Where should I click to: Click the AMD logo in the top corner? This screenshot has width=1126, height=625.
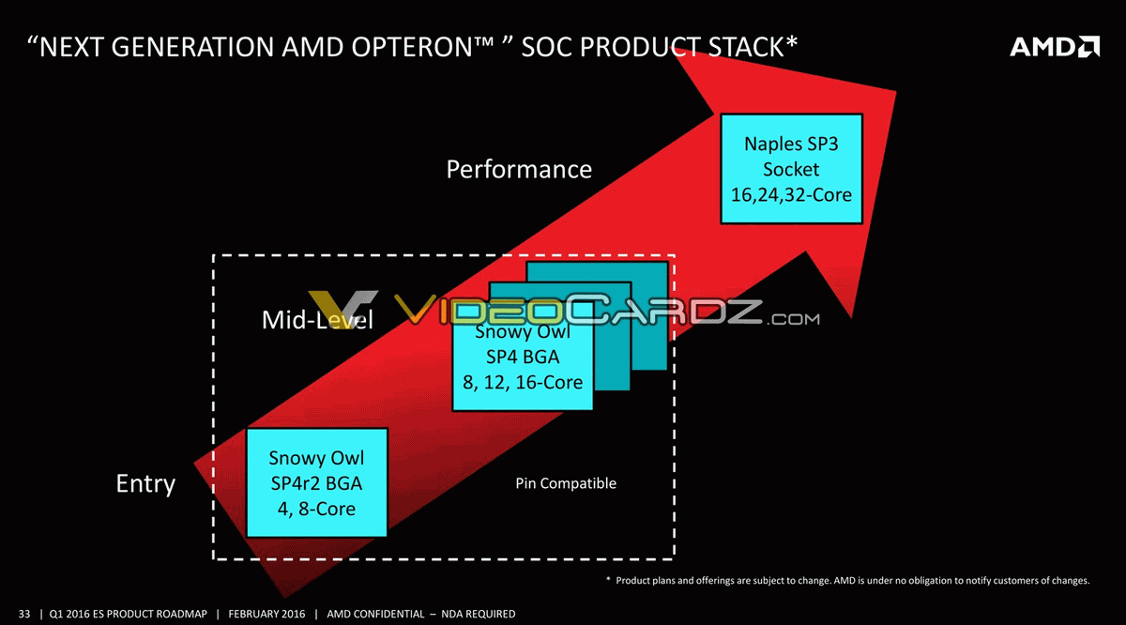click(1055, 47)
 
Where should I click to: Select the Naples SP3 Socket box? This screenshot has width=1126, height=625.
click(791, 169)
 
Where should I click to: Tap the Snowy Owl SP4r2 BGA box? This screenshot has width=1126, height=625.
click(317, 482)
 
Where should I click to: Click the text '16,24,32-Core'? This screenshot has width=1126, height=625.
click(791, 195)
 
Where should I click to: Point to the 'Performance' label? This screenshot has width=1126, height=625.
click(519, 170)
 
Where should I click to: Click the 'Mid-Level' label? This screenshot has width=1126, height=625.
click(317, 320)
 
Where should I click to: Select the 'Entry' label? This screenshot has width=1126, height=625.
click(145, 484)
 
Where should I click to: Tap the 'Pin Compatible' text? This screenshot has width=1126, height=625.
click(566, 483)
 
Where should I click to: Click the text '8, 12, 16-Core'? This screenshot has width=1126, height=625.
click(523, 383)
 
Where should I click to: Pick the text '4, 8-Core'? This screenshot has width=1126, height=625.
click(317, 509)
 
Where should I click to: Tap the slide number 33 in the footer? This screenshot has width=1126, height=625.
click(24, 614)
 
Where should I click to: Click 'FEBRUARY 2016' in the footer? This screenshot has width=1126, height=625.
click(266, 614)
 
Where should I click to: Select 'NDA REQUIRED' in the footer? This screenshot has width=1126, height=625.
click(478, 614)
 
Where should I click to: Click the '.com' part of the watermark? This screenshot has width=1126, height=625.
click(793, 319)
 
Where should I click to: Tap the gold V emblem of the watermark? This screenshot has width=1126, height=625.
click(342, 309)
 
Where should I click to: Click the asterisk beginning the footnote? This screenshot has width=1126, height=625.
click(608, 579)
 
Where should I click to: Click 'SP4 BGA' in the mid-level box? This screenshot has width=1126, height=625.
click(523, 357)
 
